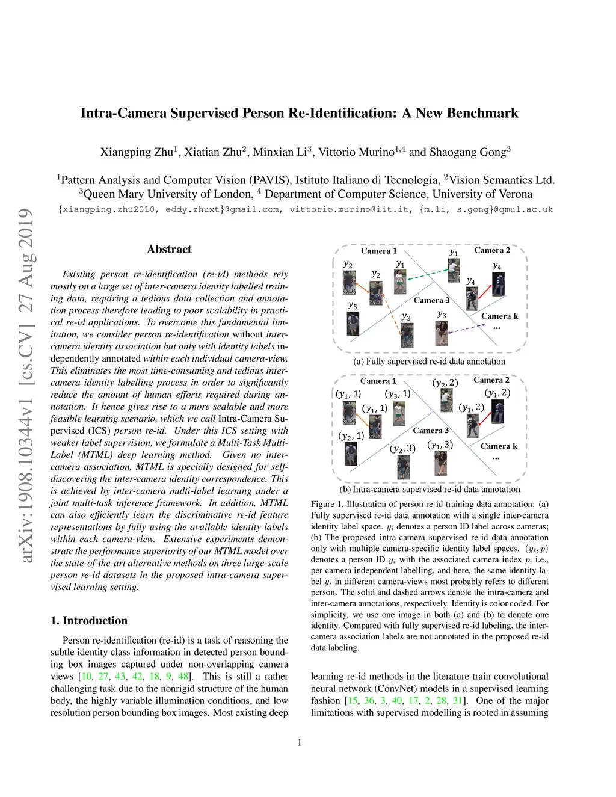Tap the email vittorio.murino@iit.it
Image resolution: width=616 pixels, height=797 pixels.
349,209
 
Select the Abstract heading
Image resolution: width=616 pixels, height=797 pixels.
169,249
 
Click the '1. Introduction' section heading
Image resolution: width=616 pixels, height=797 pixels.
89,620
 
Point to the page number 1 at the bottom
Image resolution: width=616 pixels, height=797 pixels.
300,742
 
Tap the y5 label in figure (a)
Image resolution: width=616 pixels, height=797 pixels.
353,305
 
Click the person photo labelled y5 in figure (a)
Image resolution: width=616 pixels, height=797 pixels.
353,324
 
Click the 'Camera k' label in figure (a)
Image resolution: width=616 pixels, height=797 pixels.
499,316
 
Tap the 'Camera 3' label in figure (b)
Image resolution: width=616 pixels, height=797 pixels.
431,431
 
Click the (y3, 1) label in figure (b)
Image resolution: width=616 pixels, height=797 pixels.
398,394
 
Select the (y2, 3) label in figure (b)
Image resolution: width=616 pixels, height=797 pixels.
402,448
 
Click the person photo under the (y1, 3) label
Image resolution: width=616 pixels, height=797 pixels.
441,463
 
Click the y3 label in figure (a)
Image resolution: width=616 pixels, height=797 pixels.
442,314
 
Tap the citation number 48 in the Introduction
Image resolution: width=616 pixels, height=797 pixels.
183,676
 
